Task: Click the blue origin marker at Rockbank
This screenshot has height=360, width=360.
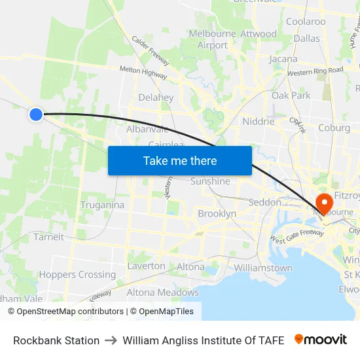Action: [x=36, y=115]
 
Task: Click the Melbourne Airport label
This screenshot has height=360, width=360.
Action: [x=212, y=39]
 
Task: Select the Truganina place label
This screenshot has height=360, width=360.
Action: [x=102, y=205]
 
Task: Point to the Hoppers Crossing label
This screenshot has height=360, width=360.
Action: [x=77, y=275]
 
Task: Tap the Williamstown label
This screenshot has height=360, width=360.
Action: [x=263, y=268]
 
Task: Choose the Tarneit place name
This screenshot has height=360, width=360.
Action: [x=49, y=237]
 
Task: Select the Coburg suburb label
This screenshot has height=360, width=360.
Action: [x=334, y=128]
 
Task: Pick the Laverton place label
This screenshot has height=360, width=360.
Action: [x=147, y=266]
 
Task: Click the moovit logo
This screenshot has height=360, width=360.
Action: [x=320, y=340]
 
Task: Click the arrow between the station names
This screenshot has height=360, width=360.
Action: [x=111, y=340]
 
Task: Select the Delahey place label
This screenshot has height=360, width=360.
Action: [x=156, y=98]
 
